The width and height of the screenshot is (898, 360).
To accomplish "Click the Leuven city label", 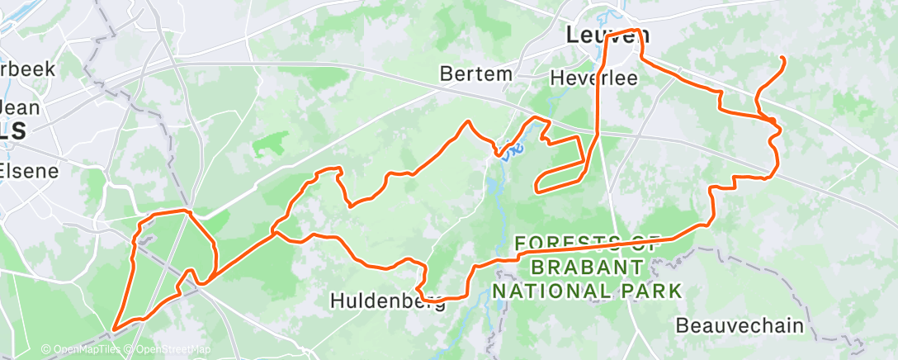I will pyautogui.click(x=608, y=36).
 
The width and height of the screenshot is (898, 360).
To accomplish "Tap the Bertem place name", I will pyautogui.click(x=475, y=73).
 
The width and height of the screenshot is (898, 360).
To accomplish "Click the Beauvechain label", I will pyautogui.click(x=739, y=325).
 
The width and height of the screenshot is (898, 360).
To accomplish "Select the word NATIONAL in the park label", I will pyautogui.click(x=560, y=291).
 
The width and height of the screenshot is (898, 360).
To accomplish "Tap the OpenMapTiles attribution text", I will pyautogui.click(x=81, y=349).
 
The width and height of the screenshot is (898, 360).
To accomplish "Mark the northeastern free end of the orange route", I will pyautogui.click(x=782, y=57).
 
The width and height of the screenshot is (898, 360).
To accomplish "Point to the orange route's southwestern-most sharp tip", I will pyautogui.click(x=114, y=329).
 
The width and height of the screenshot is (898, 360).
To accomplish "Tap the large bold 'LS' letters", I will pyautogui.click(x=13, y=131).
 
